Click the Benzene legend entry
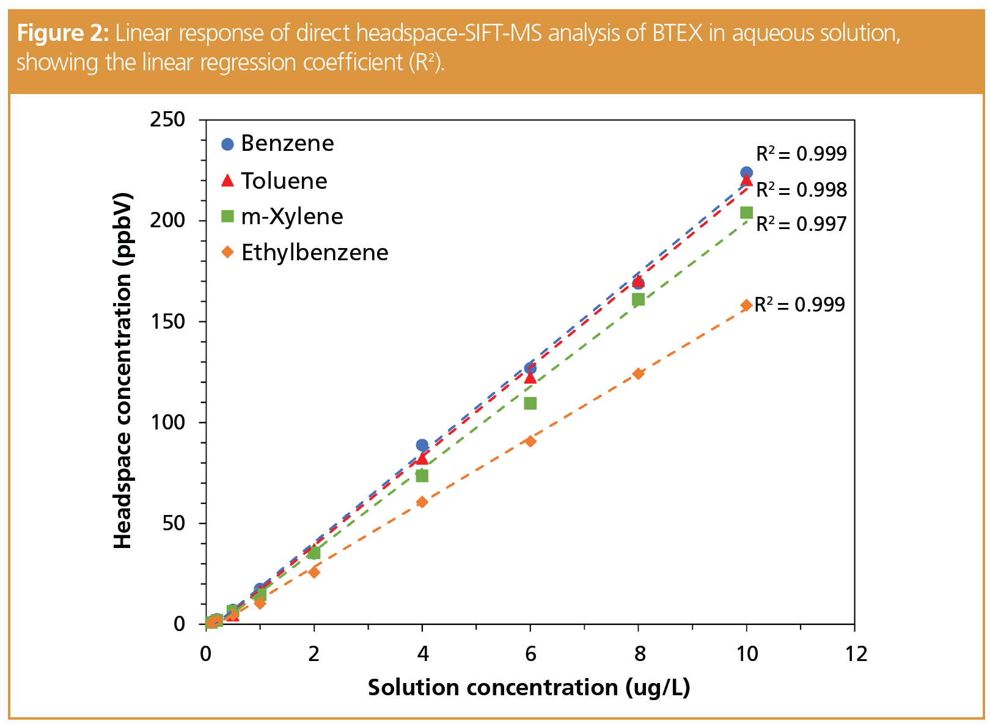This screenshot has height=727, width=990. tap(278, 144)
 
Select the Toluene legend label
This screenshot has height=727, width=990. tap(275, 181)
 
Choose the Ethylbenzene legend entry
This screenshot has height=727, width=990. tap(305, 252)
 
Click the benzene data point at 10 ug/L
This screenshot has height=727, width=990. tap(746, 173)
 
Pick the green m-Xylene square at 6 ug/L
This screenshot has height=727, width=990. tap(530, 403)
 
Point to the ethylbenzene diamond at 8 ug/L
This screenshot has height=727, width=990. tap(638, 374)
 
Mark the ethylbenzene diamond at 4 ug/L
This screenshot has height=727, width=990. tap(422, 502)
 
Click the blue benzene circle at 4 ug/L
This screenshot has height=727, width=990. tap(422, 445)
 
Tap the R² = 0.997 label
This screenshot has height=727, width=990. tap(801, 224)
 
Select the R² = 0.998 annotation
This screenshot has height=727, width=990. tap(801, 190)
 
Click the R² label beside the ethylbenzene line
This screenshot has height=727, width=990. tap(799, 304)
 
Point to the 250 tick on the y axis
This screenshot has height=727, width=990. tap(167, 119)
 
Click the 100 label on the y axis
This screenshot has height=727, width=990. tap(167, 422)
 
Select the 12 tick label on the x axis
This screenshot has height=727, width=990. tap(856, 654)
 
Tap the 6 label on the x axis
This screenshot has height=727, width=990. tap(530, 654)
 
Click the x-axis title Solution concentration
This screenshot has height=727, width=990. tap(529, 688)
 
